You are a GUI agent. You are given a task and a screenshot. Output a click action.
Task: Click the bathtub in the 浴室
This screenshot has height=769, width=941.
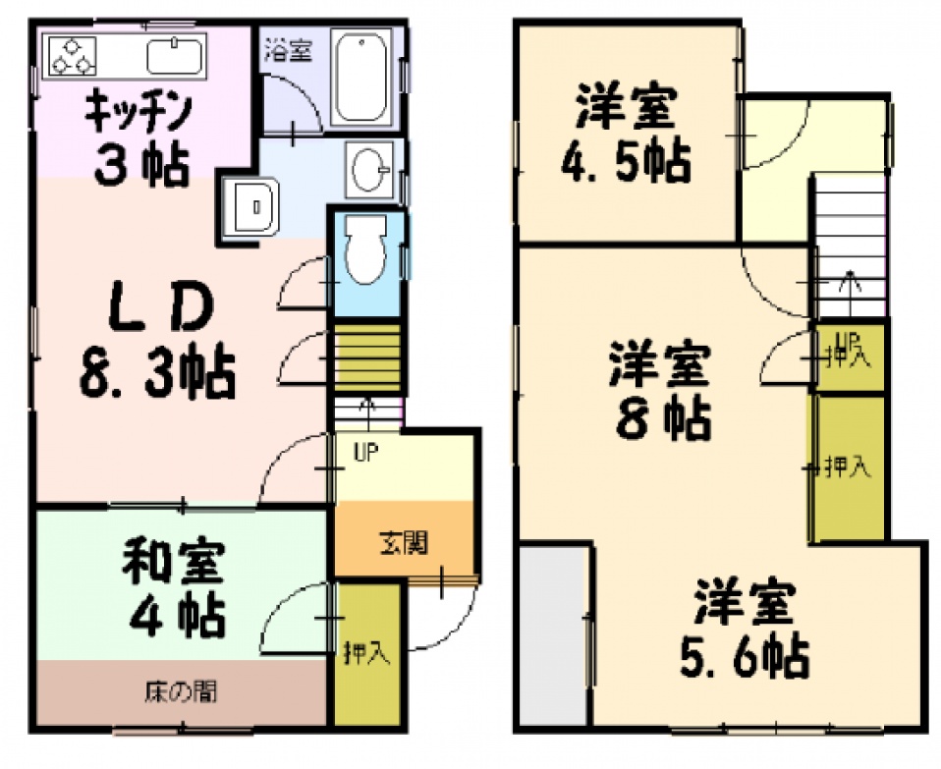pos(360,77)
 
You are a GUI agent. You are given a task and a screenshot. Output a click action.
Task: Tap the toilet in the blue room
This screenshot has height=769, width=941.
pos(365,249)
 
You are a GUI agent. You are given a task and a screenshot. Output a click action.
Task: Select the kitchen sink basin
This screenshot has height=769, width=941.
pos(174,56)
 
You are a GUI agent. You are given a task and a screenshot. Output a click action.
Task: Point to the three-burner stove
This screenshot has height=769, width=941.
pos(72,56)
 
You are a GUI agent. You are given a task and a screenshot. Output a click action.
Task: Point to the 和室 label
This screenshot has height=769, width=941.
pos(174,562)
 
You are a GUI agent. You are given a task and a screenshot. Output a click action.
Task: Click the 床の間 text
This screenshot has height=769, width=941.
pos(181,692)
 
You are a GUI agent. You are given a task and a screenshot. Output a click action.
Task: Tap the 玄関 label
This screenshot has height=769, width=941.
pos(404,543)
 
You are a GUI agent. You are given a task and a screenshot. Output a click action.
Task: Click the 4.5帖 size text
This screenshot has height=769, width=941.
pos(626,163)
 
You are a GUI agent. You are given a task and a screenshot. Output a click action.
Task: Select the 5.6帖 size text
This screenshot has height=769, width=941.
pos(745,657)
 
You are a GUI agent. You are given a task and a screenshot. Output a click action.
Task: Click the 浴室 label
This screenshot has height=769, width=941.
pos(289,49)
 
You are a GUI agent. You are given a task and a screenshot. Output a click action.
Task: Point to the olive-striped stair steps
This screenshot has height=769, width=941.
pos(366,358)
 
